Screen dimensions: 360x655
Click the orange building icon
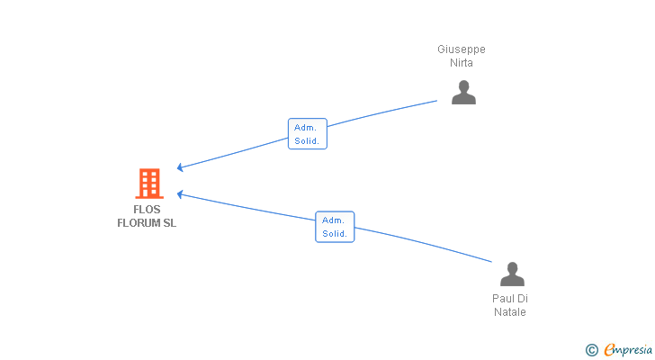[148, 184]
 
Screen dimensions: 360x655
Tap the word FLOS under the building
[147, 210]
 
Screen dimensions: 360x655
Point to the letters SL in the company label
[169, 223]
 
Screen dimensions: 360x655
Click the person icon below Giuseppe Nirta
[463, 92]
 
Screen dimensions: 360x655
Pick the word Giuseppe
[462, 49]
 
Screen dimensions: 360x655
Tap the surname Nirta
[462, 63]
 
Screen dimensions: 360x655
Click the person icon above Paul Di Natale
[512, 274]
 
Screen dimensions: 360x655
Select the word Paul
[503, 299]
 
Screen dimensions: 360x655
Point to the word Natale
[509, 312]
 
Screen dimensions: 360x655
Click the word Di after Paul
[523, 299]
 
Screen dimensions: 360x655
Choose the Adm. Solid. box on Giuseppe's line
[307, 134]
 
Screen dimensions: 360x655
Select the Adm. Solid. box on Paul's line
[335, 227]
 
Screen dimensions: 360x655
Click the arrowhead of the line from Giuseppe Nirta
[181, 166]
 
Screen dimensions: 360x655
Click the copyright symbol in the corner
[591, 349]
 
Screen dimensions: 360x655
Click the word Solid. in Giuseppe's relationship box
[307, 141]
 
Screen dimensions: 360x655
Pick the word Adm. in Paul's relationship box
[333, 220]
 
